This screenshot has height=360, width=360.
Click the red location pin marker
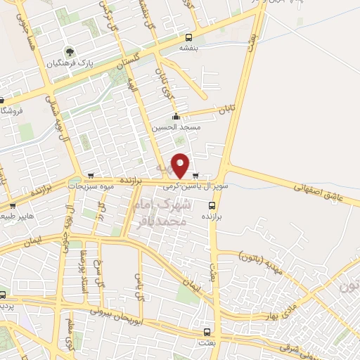click(181, 165)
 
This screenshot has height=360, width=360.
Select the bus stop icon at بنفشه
click(188, 37)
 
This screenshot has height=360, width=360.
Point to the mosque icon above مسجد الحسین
click(176, 117)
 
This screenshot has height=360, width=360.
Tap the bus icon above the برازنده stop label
click(212, 205)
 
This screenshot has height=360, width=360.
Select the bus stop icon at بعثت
click(207, 332)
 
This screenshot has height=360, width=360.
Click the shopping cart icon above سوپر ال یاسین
click(195, 176)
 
